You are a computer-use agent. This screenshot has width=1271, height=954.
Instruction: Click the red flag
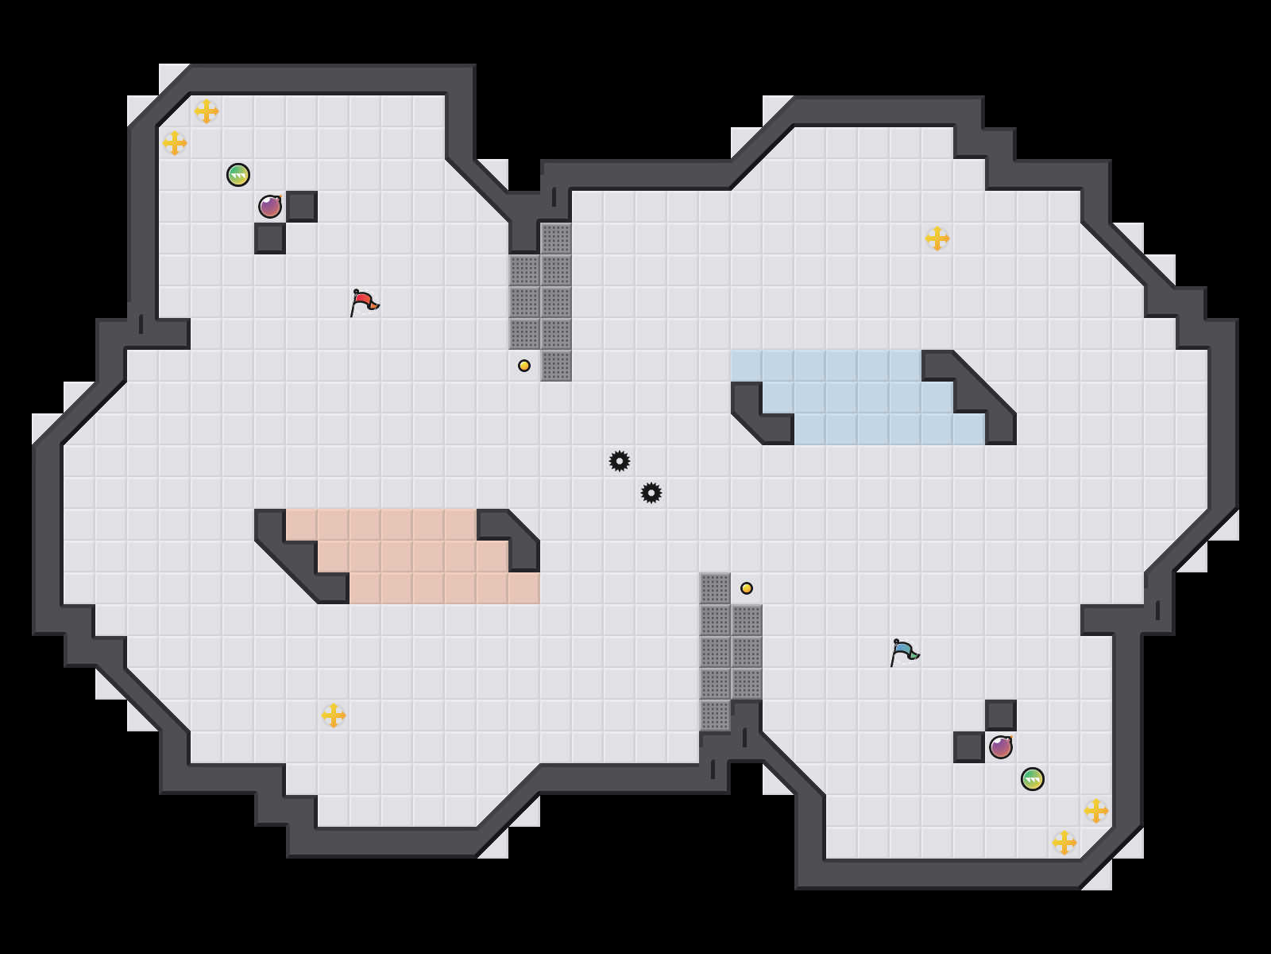(x=364, y=302)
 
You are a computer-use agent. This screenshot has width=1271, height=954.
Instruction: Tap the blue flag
(x=904, y=652)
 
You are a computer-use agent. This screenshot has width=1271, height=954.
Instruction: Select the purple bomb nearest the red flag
(x=270, y=207)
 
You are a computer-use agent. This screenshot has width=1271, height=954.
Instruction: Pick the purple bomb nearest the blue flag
(x=1001, y=747)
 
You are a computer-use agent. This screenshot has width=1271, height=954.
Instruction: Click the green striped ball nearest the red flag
(x=238, y=175)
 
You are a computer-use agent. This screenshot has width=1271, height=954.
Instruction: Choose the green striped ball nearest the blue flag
(x=1033, y=779)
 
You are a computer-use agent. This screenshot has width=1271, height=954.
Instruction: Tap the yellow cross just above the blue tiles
(x=937, y=238)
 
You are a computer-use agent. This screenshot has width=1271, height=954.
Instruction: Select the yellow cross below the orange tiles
(x=334, y=715)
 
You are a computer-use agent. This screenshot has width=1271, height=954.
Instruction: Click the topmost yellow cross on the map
(x=207, y=111)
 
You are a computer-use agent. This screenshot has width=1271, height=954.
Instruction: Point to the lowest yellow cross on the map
(x=1064, y=843)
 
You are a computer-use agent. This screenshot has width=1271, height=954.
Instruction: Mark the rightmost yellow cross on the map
(x=1096, y=811)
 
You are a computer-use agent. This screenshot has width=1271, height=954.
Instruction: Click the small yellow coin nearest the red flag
(x=524, y=366)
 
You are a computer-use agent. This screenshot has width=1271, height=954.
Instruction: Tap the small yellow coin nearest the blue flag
(x=747, y=588)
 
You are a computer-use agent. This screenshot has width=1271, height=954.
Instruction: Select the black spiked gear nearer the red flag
(x=620, y=461)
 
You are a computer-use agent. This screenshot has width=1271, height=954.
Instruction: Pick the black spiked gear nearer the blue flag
(x=651, y=493)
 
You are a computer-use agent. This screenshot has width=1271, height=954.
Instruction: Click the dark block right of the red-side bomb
(x=302, y=207)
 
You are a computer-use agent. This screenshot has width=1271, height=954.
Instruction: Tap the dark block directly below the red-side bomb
(x=270, y=238)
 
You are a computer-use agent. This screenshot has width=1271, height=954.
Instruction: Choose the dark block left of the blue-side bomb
(x=969, y=747)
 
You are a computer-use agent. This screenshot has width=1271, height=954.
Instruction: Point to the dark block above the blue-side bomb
(x=1001, y=715)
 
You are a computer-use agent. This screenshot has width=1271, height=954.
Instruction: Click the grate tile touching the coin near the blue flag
(x=715, y=588)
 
